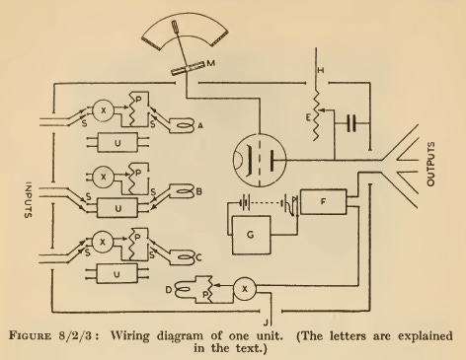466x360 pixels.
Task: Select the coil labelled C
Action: pyautogui.click(x=184, y=254)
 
